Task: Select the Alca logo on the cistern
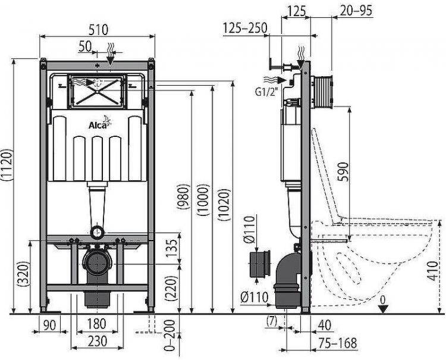pyautogui.click(x=98, y=124)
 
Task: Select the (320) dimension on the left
pyautogui.click(x=23, y=276)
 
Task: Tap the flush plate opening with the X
pyautogui.click(x=97, y=91)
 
